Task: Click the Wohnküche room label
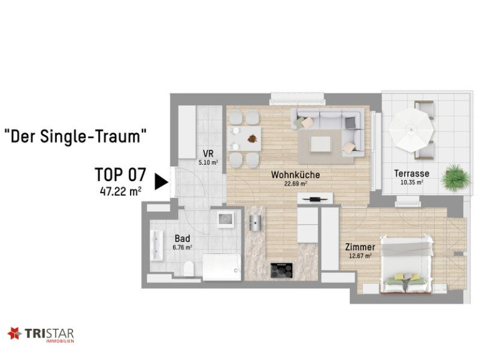pos(295,175)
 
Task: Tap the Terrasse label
pos(412,174)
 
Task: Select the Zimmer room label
pos(360,247)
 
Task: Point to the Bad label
pos(182,238)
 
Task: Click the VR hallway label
pos(208,153)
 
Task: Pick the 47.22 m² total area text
pos(121,192)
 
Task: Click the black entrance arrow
pos(161,182)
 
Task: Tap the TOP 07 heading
pos(121,175)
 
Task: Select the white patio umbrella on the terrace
pos(411,129)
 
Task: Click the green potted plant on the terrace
pos(456,178)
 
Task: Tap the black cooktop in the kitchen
pos(282,271)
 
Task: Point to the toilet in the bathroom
pos(189,268)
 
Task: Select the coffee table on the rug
pos(320,144)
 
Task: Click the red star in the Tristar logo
pos(14,332)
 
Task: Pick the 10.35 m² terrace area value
pos(412,182)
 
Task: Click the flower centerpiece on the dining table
pos(252,139)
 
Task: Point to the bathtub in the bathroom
pos(222,267)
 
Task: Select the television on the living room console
pos(315,199)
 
